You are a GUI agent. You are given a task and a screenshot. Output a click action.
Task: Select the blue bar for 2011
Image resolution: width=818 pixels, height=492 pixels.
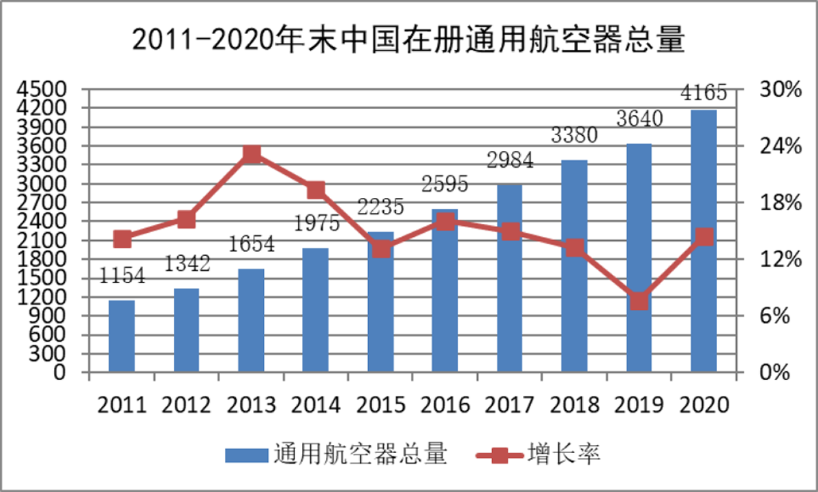122,336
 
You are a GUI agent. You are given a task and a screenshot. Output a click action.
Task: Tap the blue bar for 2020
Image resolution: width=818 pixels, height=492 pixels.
704,241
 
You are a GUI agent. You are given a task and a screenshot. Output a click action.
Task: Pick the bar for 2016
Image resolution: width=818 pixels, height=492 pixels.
445,291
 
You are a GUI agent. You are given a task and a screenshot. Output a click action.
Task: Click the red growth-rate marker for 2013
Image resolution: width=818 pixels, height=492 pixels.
252,154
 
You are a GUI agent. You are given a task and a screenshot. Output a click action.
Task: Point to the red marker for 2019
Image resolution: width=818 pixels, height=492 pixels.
639,301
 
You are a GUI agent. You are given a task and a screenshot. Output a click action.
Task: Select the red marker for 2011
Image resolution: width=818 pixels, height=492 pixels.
123,239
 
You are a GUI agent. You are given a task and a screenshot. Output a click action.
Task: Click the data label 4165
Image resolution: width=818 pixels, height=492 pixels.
703,92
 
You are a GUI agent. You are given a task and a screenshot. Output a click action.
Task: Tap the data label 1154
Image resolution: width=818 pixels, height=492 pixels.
123,276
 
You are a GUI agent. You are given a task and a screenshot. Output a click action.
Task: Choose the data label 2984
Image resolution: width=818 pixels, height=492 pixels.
510,161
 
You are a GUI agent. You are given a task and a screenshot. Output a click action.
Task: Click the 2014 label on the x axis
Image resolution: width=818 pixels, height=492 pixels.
316,405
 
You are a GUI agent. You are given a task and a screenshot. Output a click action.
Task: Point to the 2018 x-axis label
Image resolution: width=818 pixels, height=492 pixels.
575,405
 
